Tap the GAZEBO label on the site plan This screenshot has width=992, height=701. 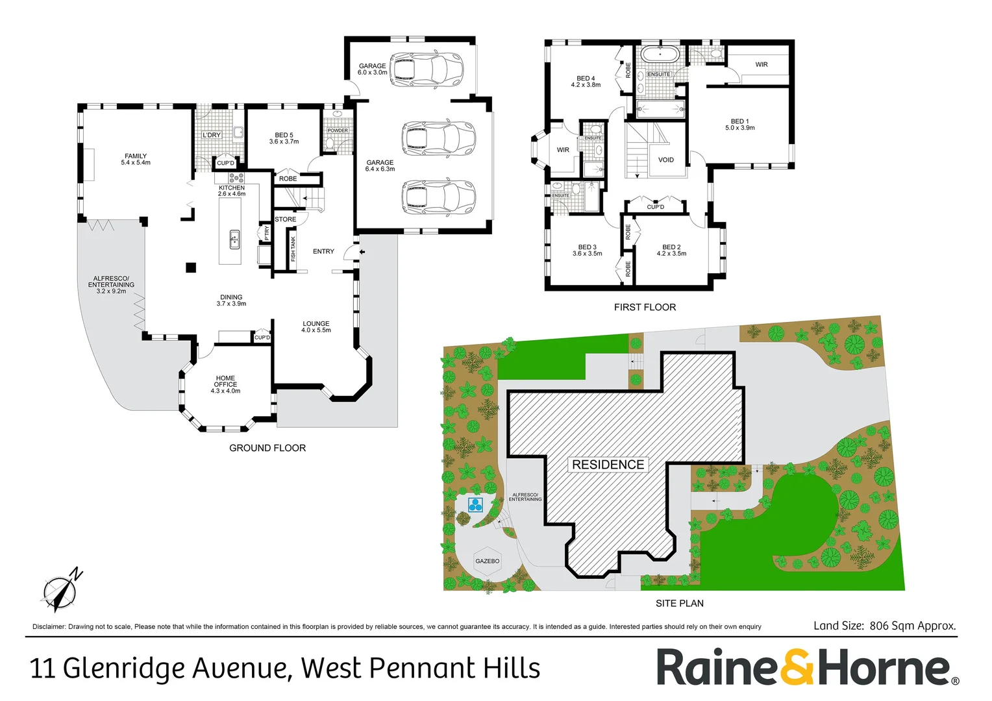click(x=488, y=561)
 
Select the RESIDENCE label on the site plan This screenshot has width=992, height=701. click(x=608, y=465)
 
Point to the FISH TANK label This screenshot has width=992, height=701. click(x=293, y=249)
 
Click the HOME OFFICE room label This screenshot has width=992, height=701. click(x=225, y=384)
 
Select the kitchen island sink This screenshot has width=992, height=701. click(x=235, y=240)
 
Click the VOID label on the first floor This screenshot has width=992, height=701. click(x=666, y=160)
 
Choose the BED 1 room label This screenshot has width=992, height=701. click(x=739, y=125)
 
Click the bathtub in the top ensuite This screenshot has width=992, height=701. click(x=660, y=55)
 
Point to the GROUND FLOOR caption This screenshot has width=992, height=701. click(x=267, y=448)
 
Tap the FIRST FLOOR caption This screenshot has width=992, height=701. click(x=645, y=307)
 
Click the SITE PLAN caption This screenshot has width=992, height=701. click(x=679, y=603)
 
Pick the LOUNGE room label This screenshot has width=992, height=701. click(x=316, y=326)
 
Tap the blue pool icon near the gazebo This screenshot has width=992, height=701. click(x=476, y=504)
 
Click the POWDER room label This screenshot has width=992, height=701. click(x=338, y=130)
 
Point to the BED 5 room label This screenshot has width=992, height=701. click(x=284, y=138)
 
